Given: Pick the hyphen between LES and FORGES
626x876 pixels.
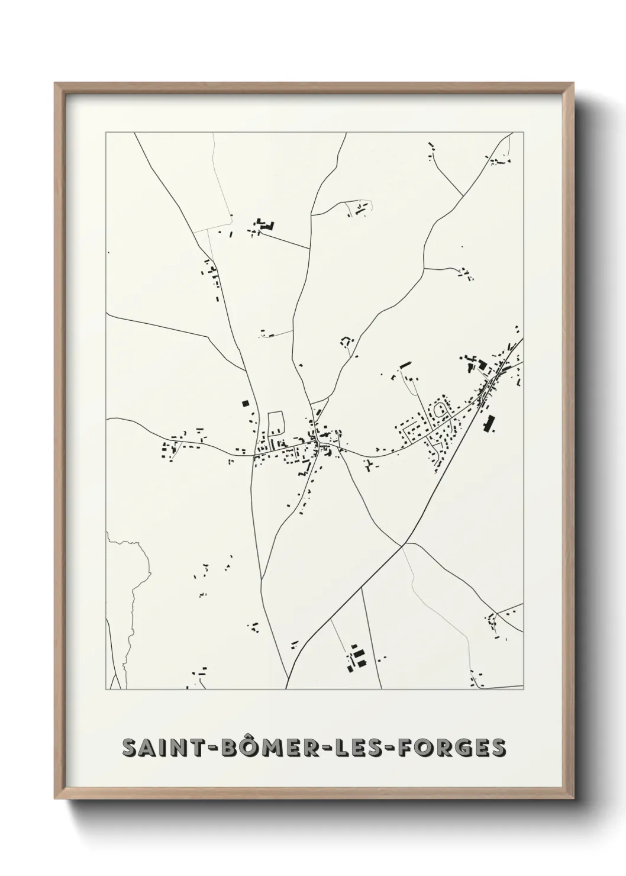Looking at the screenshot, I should (391, 748).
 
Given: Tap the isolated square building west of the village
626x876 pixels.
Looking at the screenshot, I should (245, 404).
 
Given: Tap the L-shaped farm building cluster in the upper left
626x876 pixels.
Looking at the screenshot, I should (264, 225).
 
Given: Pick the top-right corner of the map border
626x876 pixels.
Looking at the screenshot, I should (524, 133).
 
